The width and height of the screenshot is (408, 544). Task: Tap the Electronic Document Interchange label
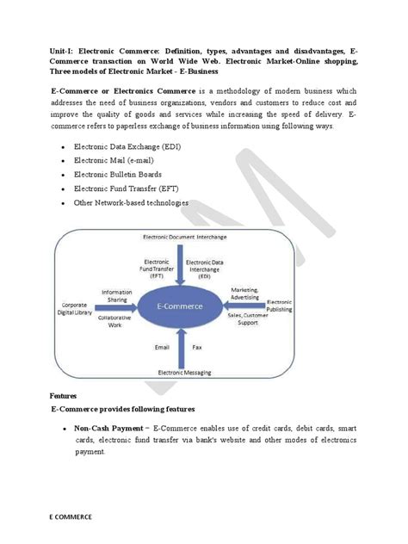(x=182, y=236)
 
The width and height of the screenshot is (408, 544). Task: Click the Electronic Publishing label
(x=280, y=307)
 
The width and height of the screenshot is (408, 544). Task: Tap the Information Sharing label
(x=116, y=295)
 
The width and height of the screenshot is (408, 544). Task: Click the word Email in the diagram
(x=162, y=347)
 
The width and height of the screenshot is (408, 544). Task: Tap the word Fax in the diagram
(x=198, y=347)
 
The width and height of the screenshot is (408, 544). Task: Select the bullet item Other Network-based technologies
(x=131, y=203)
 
